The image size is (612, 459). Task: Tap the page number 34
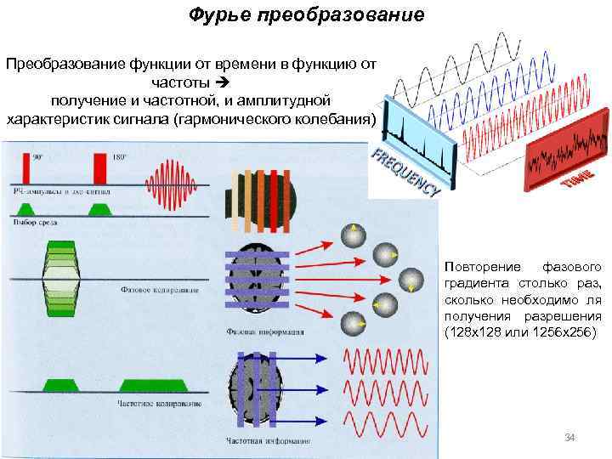point(570,438)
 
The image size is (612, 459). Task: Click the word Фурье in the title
point(217,15)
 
